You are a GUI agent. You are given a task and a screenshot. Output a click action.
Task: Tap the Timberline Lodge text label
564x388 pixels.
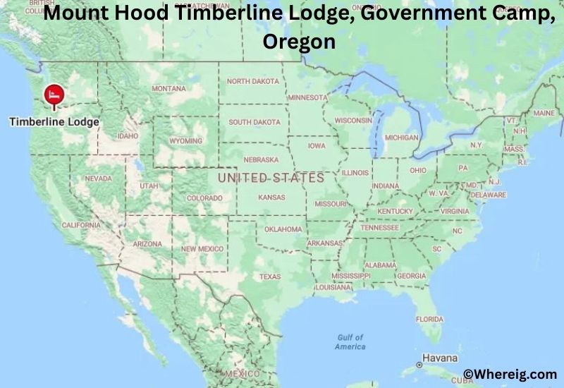tap(54, 121)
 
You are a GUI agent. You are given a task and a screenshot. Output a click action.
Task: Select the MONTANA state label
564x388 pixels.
tap(169, 89)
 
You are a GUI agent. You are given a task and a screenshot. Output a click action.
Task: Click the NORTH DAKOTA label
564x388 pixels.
tap(252, 81)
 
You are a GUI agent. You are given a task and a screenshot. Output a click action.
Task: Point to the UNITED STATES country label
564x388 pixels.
tap(271, 178)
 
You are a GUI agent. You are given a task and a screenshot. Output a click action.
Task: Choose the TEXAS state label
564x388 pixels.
tap(270, 277)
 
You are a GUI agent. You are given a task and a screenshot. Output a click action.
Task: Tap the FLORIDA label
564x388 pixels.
tap(429, 319)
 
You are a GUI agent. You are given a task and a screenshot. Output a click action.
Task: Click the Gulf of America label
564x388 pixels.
tap(350, 342)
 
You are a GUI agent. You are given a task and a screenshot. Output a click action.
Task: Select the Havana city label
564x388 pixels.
tap(441, 358)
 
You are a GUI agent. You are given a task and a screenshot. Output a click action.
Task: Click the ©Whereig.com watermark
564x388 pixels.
tap(509, 374)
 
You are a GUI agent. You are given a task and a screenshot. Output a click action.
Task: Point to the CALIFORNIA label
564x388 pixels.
tap(81, 225)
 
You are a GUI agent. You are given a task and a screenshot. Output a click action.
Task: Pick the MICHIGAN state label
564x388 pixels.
tap(401, 138)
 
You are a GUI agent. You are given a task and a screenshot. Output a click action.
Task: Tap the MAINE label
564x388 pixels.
tap(544, 113)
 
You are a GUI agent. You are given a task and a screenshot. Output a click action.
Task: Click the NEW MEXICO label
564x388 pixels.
tap(202, 249)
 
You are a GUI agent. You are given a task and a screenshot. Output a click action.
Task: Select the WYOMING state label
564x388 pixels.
tap(186, 141)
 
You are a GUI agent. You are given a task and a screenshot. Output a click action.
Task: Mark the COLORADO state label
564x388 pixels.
tap(204, 198)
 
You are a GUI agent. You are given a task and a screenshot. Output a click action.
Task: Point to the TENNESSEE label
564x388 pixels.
tap(379, 228)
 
